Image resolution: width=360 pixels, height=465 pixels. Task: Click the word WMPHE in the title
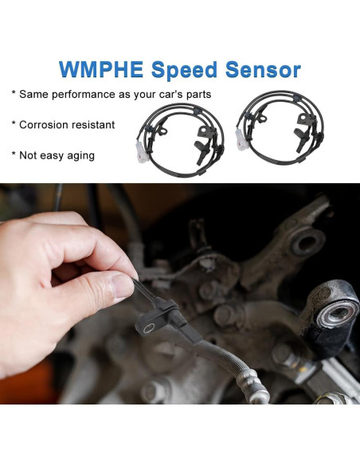pos(104,70)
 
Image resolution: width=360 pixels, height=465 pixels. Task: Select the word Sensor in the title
pos(262,70)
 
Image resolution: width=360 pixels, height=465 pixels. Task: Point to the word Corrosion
pos(45,125)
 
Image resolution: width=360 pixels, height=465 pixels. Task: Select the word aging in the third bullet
pos(80,155)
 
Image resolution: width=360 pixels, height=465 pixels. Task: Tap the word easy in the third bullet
pos(52,155)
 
